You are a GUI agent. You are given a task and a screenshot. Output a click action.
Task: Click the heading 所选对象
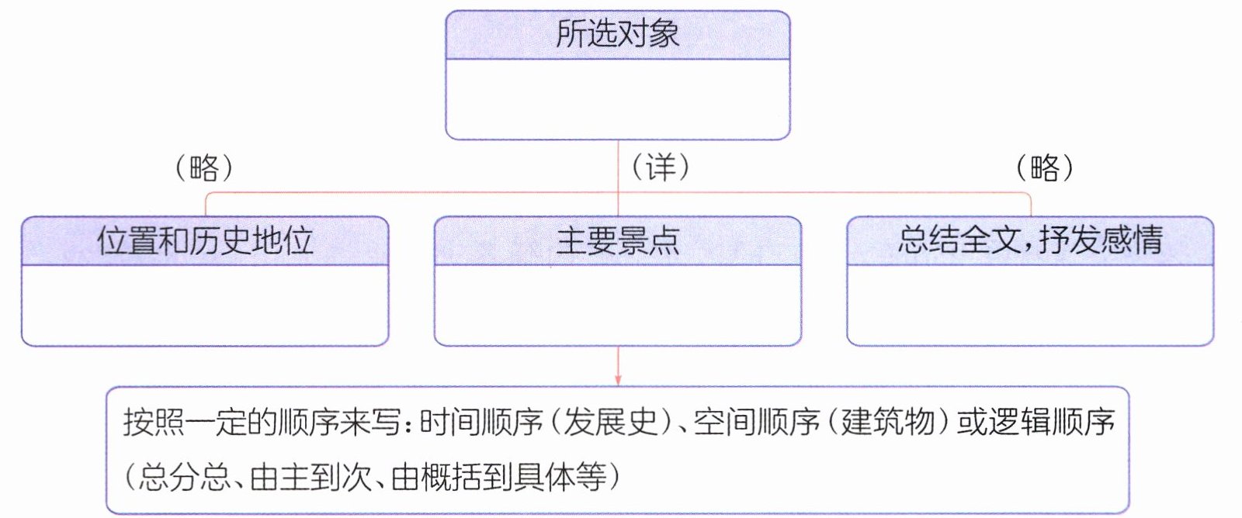pyautogui.click(x=618, y=34)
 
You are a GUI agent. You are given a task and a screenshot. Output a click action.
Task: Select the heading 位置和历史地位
pyautogui.click(x=205, y=240)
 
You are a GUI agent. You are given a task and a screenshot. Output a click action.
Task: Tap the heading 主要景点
pyautogui.click(x=618, y=241)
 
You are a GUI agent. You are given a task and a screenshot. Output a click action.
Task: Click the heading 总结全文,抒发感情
pyautogui.click(x=1030, y=240)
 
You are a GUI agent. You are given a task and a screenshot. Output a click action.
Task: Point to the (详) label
pyautogui.click(x=661, y=167)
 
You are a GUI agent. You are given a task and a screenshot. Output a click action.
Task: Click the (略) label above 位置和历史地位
pyautogui.click(x=204, y=167)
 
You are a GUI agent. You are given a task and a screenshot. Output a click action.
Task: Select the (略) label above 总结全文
pyautogui.click(x=1045, y=167)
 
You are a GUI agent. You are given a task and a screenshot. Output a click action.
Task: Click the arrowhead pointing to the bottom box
pyautogui.click(x=618, y=380)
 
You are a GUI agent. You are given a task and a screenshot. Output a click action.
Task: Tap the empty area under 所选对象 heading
pyautogui.click(x=618, y=99)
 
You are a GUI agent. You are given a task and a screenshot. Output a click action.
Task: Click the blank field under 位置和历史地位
pyautogui.click(x=205, y=306)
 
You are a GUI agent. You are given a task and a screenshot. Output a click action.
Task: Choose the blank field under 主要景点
pyautogui.click(x=618, y=306)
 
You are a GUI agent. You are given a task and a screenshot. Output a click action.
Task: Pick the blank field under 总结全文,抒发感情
pyautogui.click(x=1030, y=306)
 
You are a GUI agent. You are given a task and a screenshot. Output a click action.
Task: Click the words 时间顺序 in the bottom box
pyautogui.click(x=481, y=423)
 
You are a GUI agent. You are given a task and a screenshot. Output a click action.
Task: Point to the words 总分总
pyautogui.click(x=184, y=476)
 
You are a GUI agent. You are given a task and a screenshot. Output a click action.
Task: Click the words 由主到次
pyautogui.click(x=310, y=476)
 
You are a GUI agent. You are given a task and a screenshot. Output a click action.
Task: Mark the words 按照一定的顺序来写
pyautogui.click(x=262, y=423)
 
